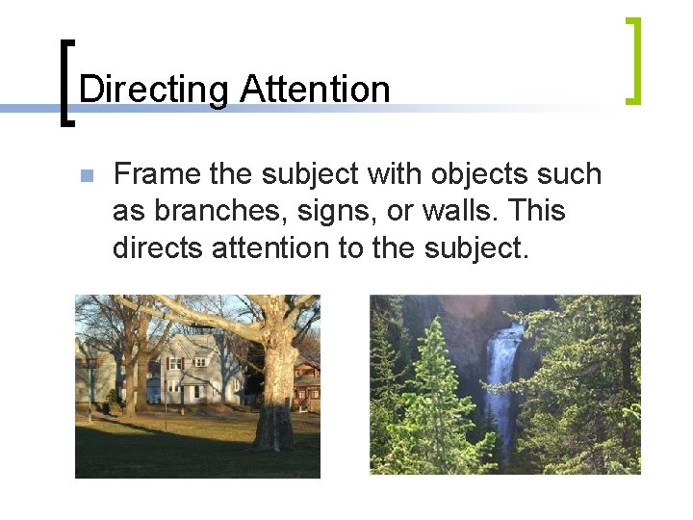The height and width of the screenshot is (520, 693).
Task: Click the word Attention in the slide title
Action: click(315, 90)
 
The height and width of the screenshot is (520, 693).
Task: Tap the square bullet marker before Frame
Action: click(86, 176)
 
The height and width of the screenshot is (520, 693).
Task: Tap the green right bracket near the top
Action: click(632, 60)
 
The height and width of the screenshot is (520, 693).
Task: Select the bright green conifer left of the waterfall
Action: click(428, 404)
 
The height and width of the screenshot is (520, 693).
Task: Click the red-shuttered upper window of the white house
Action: click(175, 363)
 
